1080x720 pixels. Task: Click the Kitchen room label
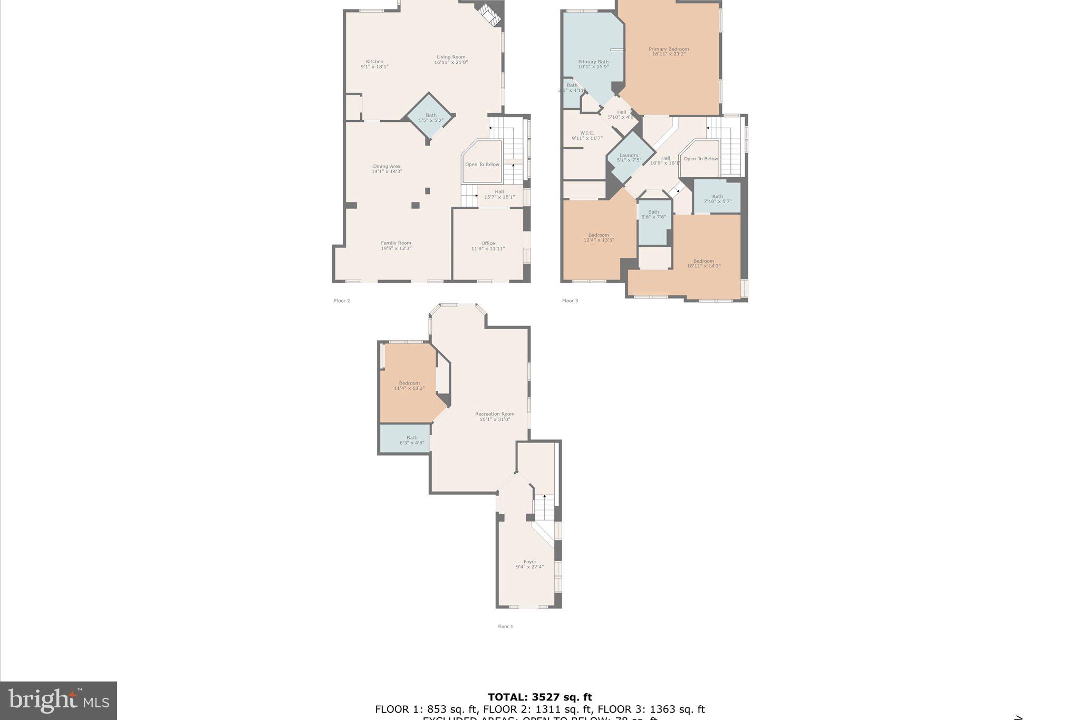click(374, 61)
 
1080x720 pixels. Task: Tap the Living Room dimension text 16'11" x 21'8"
click(451, 62)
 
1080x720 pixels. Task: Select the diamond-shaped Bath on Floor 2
click(431, 118)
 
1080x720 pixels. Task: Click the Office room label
click(488, 243)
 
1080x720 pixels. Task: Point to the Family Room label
click(396, 243)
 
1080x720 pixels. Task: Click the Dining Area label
click(387, 166)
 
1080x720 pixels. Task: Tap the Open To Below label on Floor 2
click(482, 164)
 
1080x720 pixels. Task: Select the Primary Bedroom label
click(669, 49)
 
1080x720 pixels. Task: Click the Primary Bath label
click(593, 62)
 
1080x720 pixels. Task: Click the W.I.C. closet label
click(587, 133)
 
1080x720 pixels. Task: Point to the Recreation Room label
click(495, 414)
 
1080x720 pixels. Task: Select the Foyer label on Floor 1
click(529, 562)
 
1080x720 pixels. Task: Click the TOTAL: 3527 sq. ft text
click(539, 697)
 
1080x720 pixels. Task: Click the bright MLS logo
click(59, 700)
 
